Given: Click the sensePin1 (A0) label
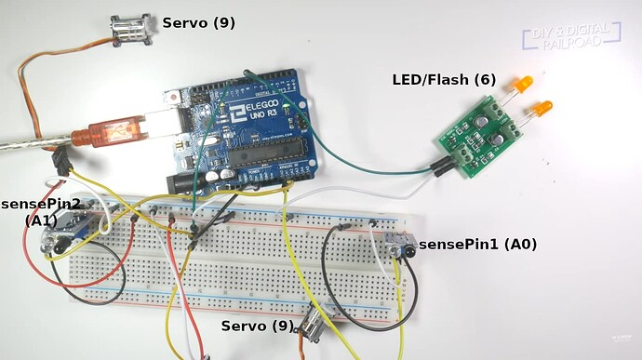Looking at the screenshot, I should (x=477, y=244).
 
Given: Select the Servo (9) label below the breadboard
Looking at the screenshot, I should (x=257, y=327).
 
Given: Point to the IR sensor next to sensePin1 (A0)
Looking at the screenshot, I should (x=402, y=246).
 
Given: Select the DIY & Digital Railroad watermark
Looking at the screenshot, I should (x=570, y=36).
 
